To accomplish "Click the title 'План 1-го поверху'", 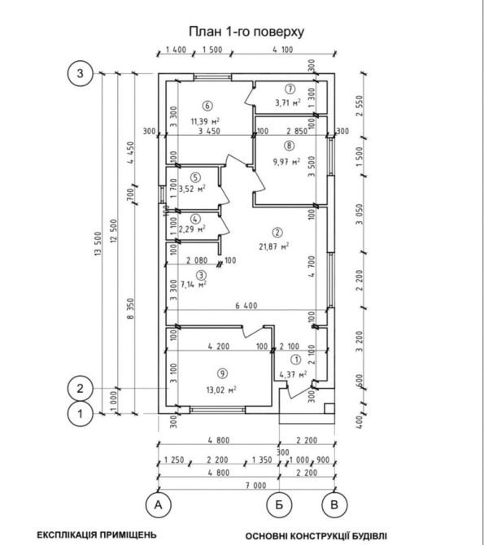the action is pyautogui.click(x=246, y=32).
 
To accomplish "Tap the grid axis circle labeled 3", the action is pyautogui.click(x=81, y=73).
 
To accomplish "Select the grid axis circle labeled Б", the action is pyautogui.click(x=279, y=504).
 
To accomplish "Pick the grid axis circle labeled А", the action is pyautogui.click(x=158, y=504).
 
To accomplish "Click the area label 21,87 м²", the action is pyautogui.click(x=274, y=246).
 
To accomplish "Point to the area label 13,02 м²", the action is pyautogui.click(x=221, y=390).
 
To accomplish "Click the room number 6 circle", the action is pyautogui.click(x=207, y=105).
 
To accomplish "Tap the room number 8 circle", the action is pyautogui.click(x=290, y=146).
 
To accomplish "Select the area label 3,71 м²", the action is pyautogui.click(x=288, y=102).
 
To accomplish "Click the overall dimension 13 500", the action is pyautogui.click(x=98, y=244).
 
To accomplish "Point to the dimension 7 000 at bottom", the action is pyautogui.click(x=256, y=486).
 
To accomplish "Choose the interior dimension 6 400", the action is pyautogui.click(x=246, y=306).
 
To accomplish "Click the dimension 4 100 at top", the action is pyautogui.click(x=283, y=50).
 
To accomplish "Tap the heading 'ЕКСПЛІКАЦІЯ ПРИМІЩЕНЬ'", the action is pyautogui.click(x=97, y=534).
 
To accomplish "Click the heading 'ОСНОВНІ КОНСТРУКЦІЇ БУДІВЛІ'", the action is pyautogui.click(x=316, y=535).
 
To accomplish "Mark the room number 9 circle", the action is pyautogui.click(x=222, y=373).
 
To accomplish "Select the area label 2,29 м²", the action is pyautogui.click(x=192, y=229).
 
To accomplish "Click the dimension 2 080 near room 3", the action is pyautogui.click(x=197, y=260).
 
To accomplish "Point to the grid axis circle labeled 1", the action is pyautogui.click(x=81, y=414).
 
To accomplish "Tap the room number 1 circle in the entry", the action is pyautogui.click(x=295, y=360).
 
